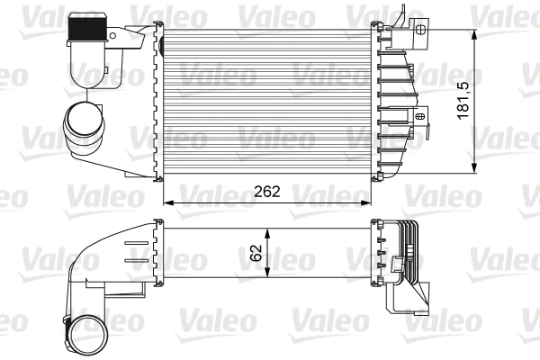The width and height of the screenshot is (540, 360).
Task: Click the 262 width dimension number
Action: tap(267, 191)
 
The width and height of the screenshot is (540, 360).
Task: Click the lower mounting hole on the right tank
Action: tap(420, 115)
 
